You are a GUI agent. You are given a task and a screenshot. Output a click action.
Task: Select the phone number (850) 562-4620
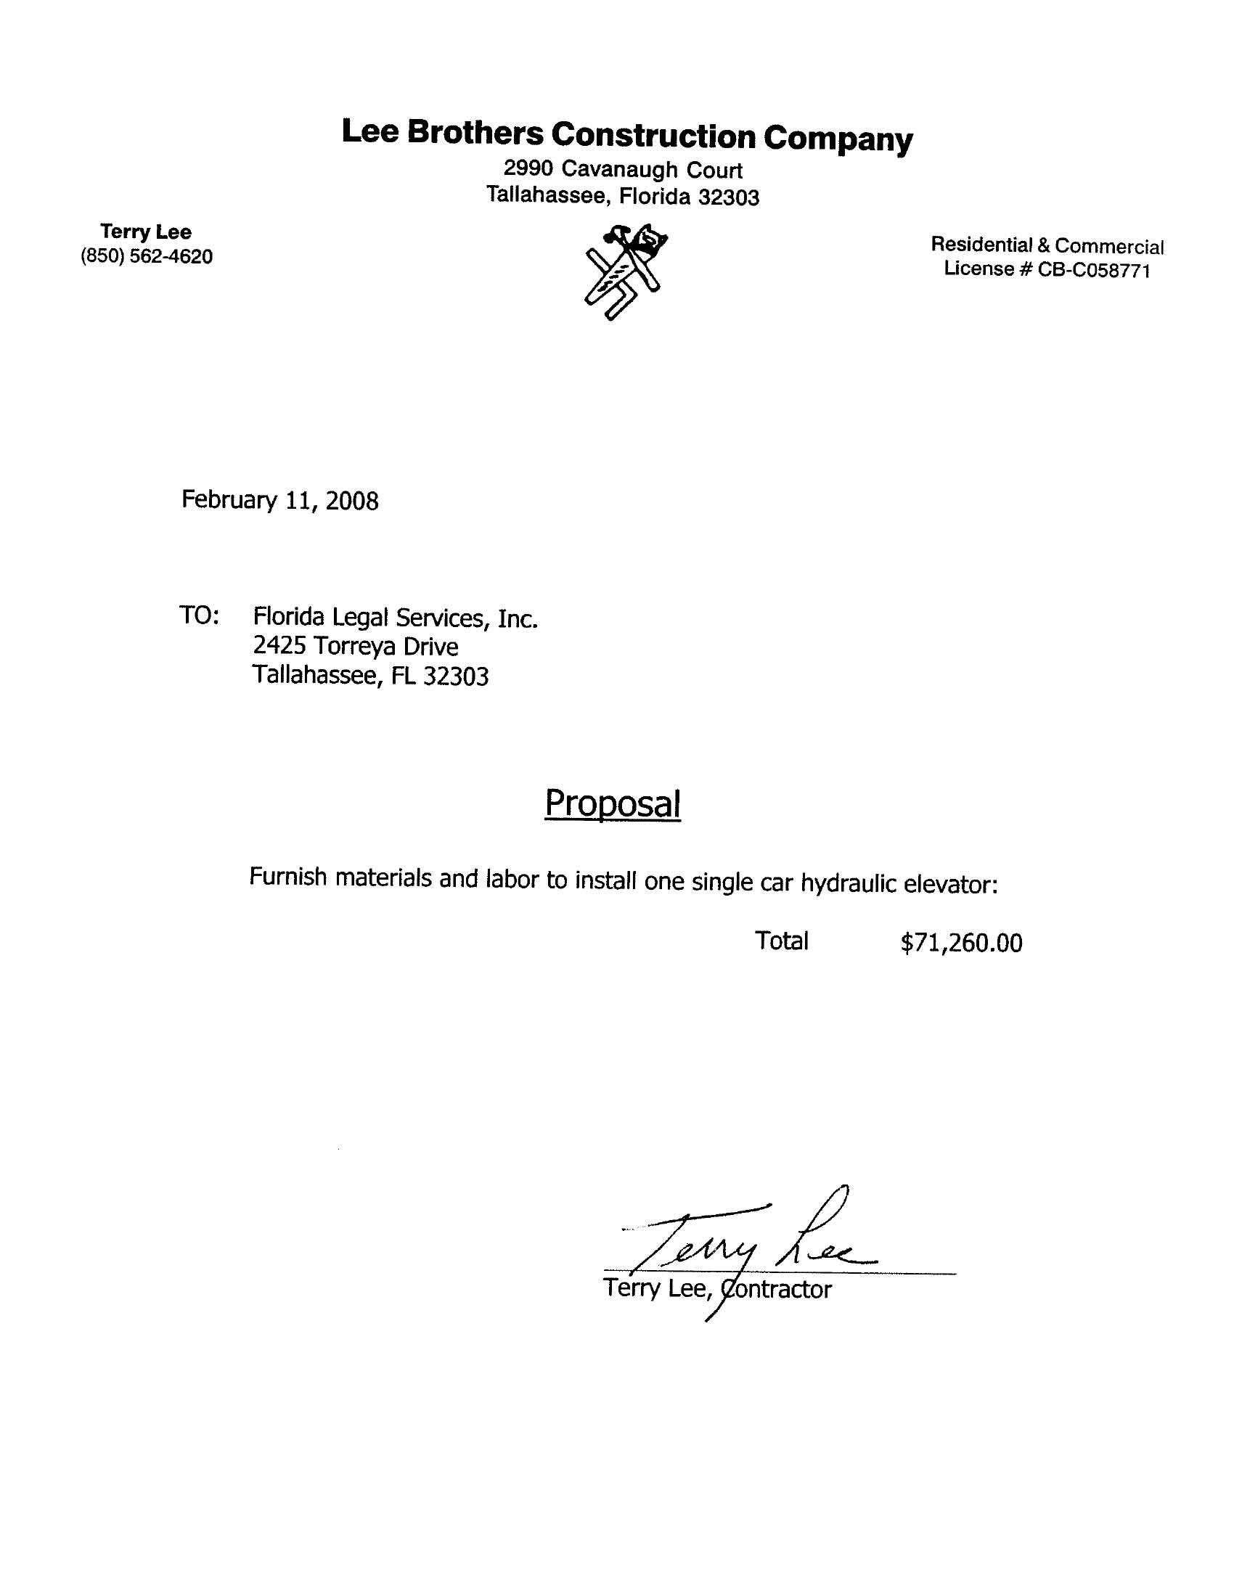coord(147,256)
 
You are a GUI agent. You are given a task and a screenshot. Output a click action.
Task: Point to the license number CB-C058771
coord(1094,271)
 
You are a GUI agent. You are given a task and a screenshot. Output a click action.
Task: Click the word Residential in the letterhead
coord(981,245)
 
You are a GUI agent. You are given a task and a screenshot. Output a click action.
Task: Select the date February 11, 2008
coord(280,501)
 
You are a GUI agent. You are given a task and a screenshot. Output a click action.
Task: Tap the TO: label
coord(199,615)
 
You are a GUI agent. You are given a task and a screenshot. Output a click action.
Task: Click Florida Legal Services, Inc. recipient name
coord(396,618)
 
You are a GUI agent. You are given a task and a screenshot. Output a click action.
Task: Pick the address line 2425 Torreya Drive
coord(355,646)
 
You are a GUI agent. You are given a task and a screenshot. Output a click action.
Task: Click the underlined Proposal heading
coord(613,803)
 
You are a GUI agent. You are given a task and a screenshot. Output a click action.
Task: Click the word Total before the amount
coord(782,941)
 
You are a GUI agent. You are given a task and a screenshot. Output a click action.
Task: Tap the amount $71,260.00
coord(961,944)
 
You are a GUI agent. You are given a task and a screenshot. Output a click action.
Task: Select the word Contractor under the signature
coord(777,1288)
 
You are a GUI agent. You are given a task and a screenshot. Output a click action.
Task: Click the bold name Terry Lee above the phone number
coord(146,232)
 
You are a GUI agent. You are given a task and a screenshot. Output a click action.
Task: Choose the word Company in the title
coord(838,138)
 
